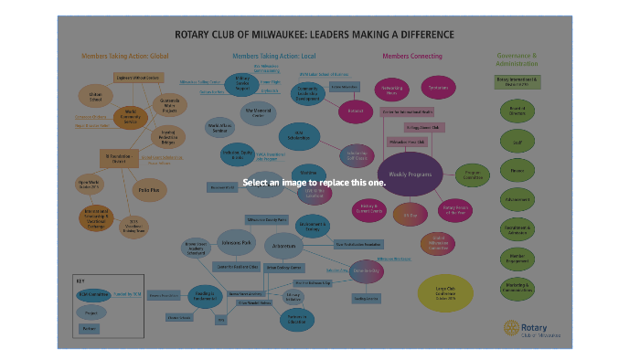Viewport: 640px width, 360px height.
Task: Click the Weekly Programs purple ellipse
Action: [x=409, y=174]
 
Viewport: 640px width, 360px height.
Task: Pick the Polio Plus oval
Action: [x=148, y=190]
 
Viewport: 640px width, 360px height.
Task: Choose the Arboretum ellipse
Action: [x=287, y=246]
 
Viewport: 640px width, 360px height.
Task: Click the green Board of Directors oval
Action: [x=517, y=111]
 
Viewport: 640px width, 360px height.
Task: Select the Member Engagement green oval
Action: [x=517, y=258]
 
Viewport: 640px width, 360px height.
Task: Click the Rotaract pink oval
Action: [x=354, y=111]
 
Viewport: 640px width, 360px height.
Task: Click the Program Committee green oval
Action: [x=473, y=174]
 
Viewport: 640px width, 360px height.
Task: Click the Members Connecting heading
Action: [x=409, y=56]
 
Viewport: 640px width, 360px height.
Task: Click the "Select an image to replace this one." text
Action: [x=314, y=183]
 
